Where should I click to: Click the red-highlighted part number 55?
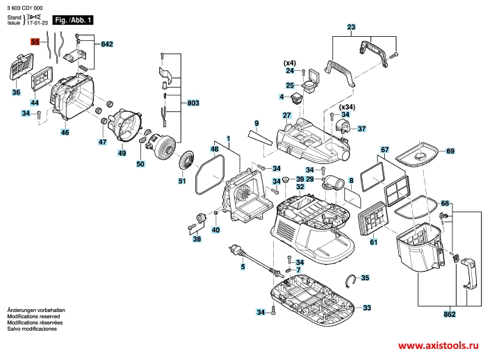click(35, 42)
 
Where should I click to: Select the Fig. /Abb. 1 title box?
click(73, 20)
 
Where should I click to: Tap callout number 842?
click(106, 44)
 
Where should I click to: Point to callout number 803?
click(193, 103)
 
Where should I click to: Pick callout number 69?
click(450, 152)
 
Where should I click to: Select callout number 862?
click(449, 315)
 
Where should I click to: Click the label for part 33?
click(367, 308)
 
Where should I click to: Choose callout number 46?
click(65, 132)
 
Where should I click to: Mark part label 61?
click(373, 242)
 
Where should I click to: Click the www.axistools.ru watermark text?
click(439, 345)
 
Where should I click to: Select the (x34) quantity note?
click(347, 108)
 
